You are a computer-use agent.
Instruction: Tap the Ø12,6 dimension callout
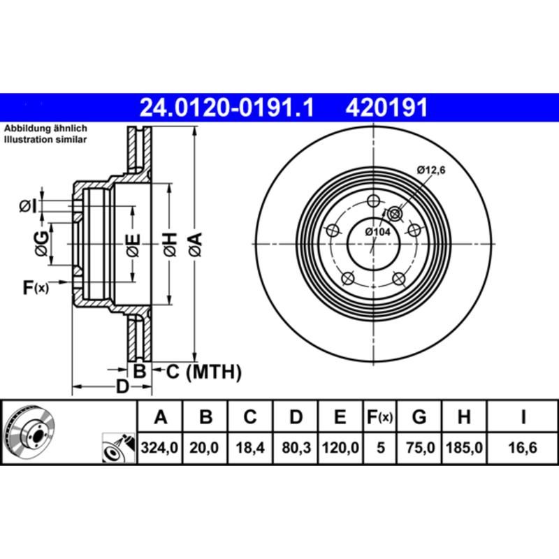click(430, 169)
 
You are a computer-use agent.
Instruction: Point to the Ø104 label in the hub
click(378, 232)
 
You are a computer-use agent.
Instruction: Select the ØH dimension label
click(170, 244)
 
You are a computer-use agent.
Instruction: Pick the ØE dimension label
click(133, 244)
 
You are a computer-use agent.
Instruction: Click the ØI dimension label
click(27, 205)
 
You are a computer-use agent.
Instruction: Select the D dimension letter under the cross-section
click(122, 386)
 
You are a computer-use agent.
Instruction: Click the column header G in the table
click(419, 418)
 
